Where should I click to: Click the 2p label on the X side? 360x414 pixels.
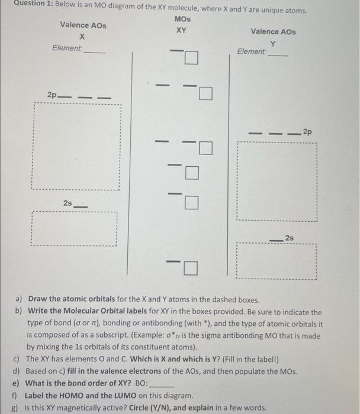[53, 95]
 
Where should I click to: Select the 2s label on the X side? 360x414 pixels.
[68, 202]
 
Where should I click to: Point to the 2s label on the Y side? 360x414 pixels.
[288, 237]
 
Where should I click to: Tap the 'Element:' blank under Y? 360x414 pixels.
[278, 55]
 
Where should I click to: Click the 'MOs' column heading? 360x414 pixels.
[182, 19]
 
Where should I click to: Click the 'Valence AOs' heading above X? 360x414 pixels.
[83, 25]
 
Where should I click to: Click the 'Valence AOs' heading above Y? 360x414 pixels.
[273, 31]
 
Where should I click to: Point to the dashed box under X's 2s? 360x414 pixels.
[74, 228]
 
